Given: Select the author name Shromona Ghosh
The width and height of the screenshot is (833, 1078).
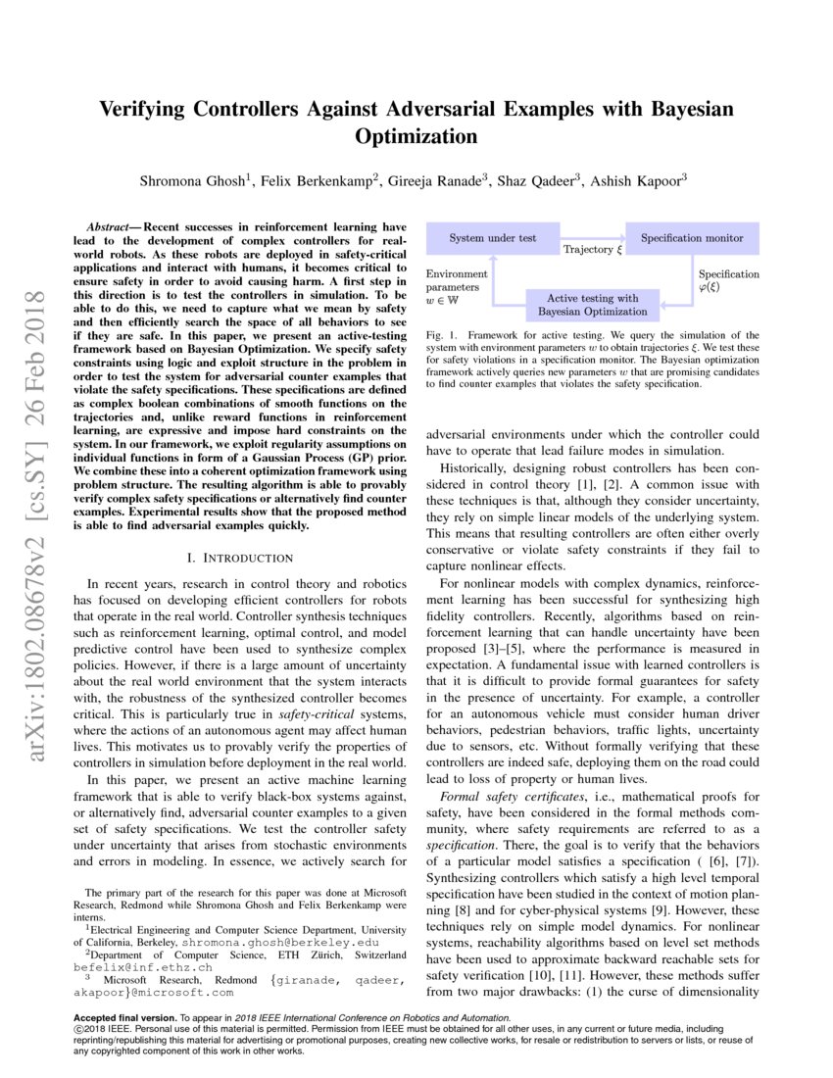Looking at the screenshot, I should coord(196,179).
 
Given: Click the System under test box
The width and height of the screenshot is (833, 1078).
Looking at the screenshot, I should coord(492,238).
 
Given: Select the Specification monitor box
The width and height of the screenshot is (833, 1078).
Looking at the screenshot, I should coord(692,238).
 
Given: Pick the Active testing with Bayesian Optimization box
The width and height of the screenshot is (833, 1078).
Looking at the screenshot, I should coord(592,305).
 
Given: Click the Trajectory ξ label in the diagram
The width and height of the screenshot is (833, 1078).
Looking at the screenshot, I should coord(592,250).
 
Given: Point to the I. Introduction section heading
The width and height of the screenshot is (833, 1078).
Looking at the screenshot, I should coord(239,558).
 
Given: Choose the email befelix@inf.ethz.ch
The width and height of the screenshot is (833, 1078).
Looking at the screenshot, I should coord(143,966).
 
